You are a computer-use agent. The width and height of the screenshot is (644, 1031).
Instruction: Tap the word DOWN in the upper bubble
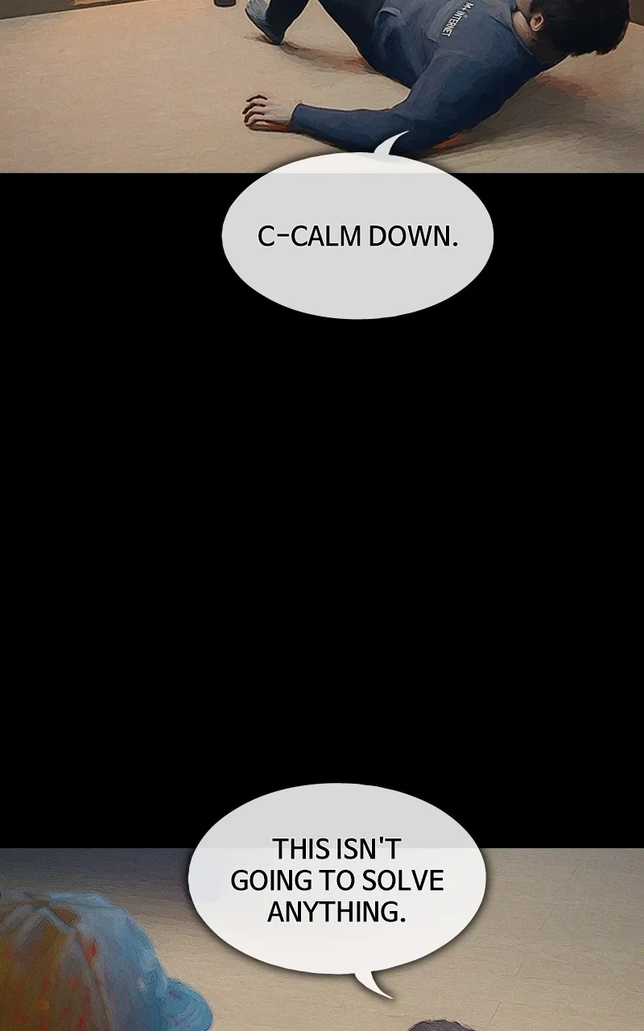(409, 237)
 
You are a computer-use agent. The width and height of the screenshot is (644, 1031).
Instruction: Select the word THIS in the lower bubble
(301, 849)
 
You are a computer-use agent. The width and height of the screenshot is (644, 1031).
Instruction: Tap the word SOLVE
(402, 880)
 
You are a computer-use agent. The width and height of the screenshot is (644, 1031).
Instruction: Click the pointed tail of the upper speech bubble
(391, 143)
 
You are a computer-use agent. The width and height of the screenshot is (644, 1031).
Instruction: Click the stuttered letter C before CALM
(266, 237)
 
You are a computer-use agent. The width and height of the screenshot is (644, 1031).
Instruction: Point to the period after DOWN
(456, 245)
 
